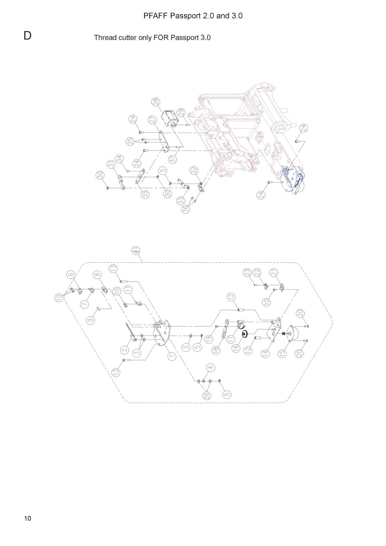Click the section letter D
click(28, 35)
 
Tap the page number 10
click(28, 518)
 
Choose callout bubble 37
click(172, 159)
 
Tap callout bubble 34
click(119, 159)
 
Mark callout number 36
click(186, 209)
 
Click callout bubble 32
click(194, 170)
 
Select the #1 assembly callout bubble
click(136, 250)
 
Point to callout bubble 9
click(91, 320)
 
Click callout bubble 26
click(207, 395)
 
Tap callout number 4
click(211, 367)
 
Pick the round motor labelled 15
click(294, 333)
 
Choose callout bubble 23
click(248, 272)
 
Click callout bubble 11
click(128, 289)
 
